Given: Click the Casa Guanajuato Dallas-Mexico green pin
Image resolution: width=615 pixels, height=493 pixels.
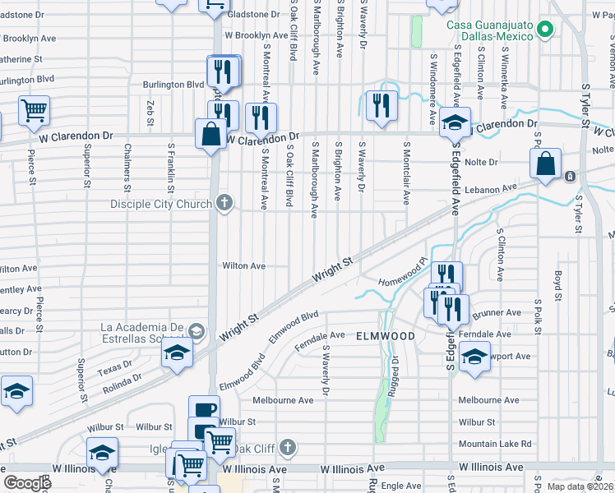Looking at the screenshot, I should click(x=544, y=30).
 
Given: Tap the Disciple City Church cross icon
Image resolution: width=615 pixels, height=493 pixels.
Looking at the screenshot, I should click(x=224, y=203).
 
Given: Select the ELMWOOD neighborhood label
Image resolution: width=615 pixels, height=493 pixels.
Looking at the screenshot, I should click(x=385, y=336).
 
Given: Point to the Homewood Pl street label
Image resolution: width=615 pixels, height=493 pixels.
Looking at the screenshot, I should click(x=404, y=275).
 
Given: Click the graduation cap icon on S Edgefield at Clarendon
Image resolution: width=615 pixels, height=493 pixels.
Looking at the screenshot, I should click(x=454, y=122).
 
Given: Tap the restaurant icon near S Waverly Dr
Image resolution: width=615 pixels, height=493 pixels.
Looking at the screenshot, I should click(x=381, y=105).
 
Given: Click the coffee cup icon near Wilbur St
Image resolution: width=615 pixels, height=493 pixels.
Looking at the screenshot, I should click(x=204, y=409).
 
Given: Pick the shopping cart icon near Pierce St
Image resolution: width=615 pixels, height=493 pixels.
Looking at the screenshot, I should click(x=34, y=110).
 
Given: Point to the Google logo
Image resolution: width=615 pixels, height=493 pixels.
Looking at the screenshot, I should click(x=27, y=483).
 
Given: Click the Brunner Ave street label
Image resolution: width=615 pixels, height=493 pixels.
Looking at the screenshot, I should click(x=502, y=312).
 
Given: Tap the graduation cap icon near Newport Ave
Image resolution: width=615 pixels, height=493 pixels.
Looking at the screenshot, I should click(x=474, y=357).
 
